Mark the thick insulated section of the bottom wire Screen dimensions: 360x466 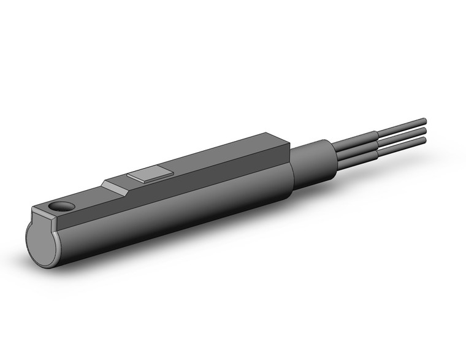356,155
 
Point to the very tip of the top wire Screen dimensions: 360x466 424,120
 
